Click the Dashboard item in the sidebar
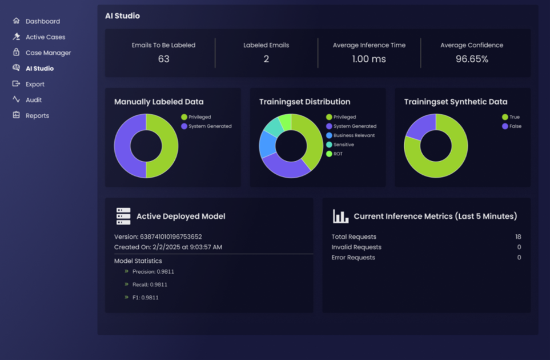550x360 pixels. pos(42,21)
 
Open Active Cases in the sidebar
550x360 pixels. pos(45,37)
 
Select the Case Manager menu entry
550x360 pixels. pos(48,53)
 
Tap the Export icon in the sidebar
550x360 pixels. pos(16,84)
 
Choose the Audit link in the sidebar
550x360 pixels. pos(34,100)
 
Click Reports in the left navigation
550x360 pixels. pos(37,115)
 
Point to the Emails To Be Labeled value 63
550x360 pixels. pos(163,59)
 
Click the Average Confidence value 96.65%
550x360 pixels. pos(472,59)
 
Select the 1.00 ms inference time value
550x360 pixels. pos(369,59)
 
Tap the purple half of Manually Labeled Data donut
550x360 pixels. pos(122,146)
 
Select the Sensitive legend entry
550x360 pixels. pos(343,145)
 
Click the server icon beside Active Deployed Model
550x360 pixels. pos(123,216)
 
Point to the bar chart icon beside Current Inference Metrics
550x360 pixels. pos(340,216)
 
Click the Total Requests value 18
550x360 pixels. pos(518,237)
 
